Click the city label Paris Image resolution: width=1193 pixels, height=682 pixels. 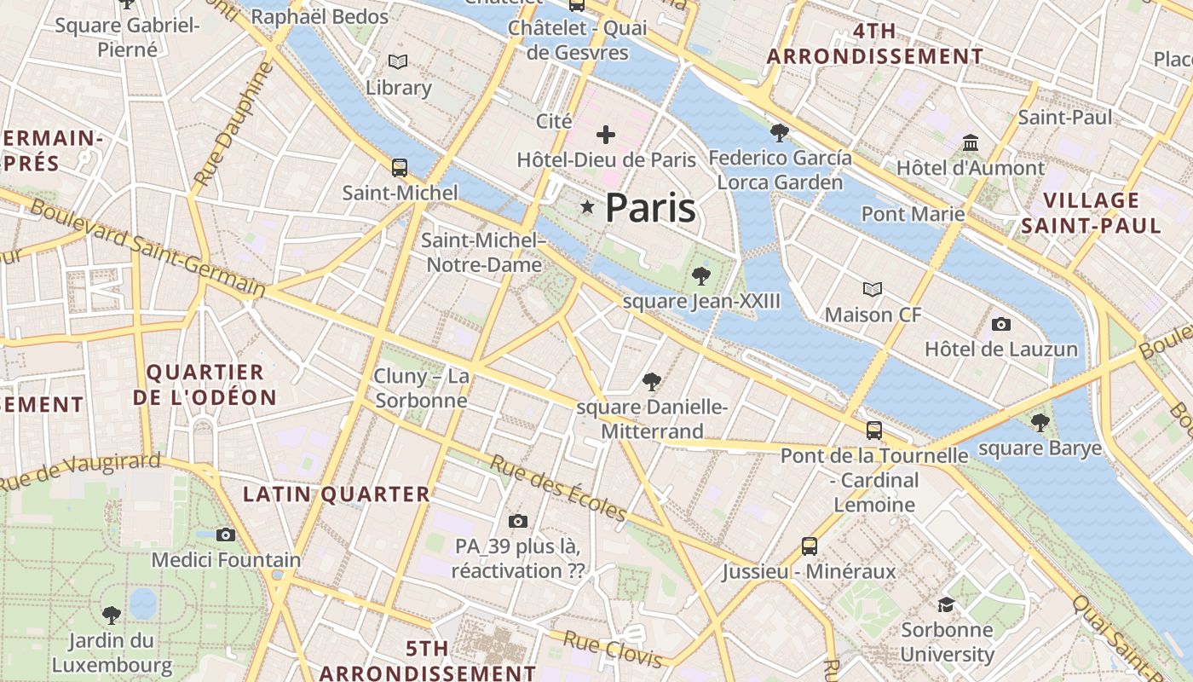pos(650,208)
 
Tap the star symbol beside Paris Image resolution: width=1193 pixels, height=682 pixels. pos(587,207)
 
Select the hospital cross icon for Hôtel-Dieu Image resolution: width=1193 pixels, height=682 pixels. pos(606,134)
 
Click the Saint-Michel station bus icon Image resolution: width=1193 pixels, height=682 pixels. pos(399,167)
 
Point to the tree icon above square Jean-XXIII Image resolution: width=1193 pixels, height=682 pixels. pos(701,275)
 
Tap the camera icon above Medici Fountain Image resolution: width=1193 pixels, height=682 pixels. pos(226,535)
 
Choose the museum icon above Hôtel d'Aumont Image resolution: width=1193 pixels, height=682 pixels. pos(970,142)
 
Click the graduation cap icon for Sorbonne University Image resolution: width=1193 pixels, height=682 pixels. pos(946,604)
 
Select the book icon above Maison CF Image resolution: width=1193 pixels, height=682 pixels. pos(873,289)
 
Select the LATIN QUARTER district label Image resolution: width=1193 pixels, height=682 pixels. pos(337,494)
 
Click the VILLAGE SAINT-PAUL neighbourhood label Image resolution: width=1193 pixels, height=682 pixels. pos(1091,213)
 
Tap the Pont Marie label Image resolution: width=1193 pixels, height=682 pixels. pos(913,213)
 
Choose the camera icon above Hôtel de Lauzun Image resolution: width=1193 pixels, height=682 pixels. pos(1001,324)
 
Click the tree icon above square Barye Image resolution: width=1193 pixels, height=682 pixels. pos(1040,422)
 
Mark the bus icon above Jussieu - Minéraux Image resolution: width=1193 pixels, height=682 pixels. pos(810,546)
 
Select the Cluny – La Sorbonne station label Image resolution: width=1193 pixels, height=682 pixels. pos(421,389)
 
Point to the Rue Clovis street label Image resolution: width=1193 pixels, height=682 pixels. pos(613,650)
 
